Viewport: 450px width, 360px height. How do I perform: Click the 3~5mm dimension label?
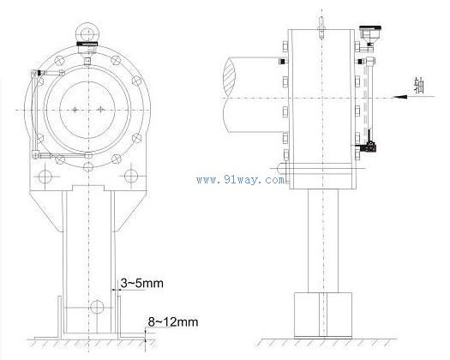(x=141, y=283)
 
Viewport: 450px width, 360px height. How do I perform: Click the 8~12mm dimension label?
(x=173, y=321)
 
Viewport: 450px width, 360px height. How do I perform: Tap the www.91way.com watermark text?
(x=241, y=180)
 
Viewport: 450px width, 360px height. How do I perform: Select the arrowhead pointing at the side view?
(x=399, y=97)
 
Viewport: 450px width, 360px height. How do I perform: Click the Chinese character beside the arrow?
(x=419, y=85)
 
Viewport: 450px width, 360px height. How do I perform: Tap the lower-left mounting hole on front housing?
(x=45, y=177)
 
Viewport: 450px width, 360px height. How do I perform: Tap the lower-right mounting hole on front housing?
(x=131, y=176)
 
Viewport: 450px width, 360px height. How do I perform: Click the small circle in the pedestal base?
(x=97, y=307)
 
